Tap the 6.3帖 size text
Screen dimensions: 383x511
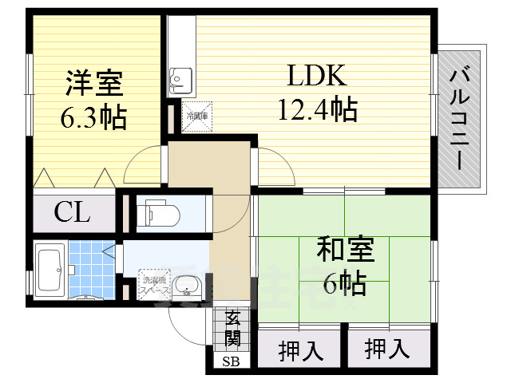(92, 117)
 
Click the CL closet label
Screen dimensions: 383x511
(73, 213)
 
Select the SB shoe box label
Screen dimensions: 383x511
(231, 361)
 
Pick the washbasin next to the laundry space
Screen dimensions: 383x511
(186, 286)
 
